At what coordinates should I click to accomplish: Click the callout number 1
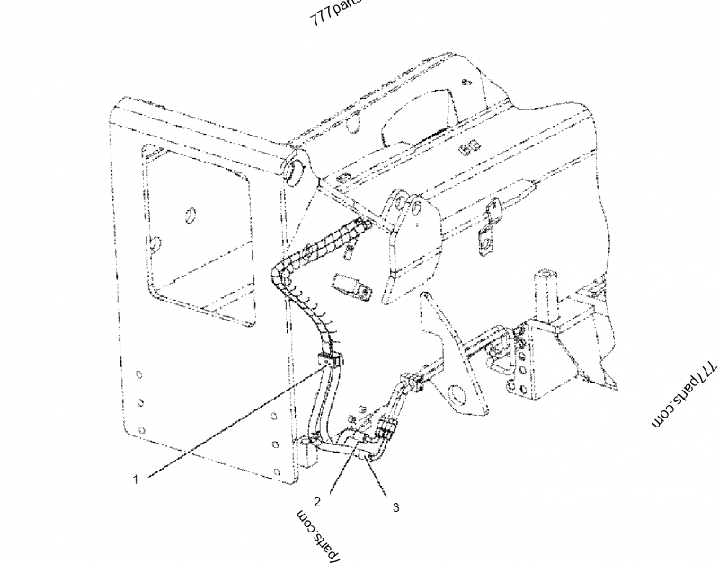click(136, 479)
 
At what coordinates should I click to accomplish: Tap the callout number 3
click(395, 506)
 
